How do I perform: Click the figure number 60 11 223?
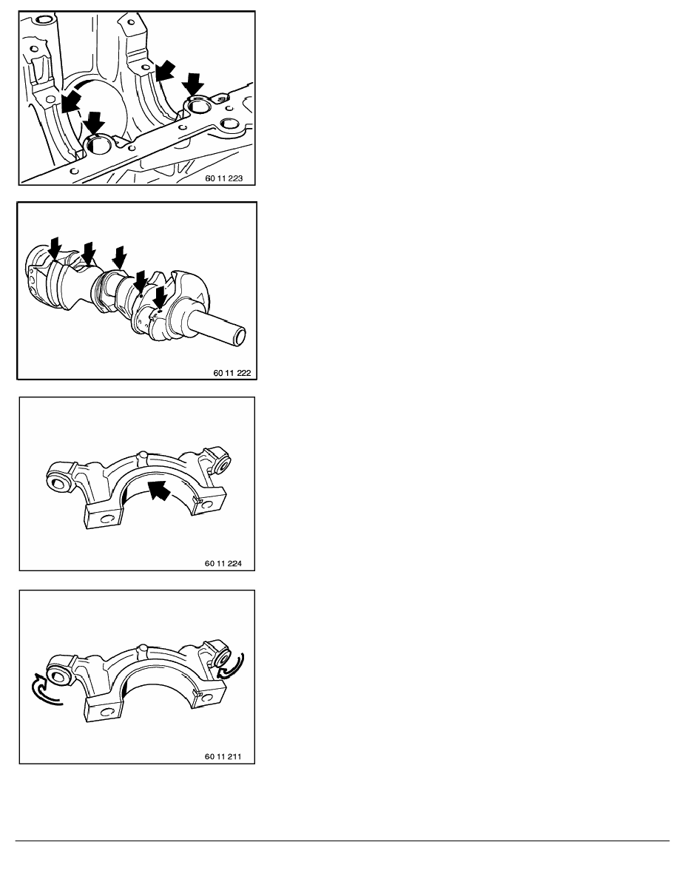click(x=229, y=178)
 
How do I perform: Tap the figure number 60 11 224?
click(x=229, y=563)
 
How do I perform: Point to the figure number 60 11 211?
click(x=229, y=757)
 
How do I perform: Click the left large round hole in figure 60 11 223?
click(x=98, y=146)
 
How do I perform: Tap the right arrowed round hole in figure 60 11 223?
click(x=199, y=107)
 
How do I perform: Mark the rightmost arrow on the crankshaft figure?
click(x=160, y=298)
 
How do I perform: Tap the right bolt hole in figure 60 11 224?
click(x=220, y=465)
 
